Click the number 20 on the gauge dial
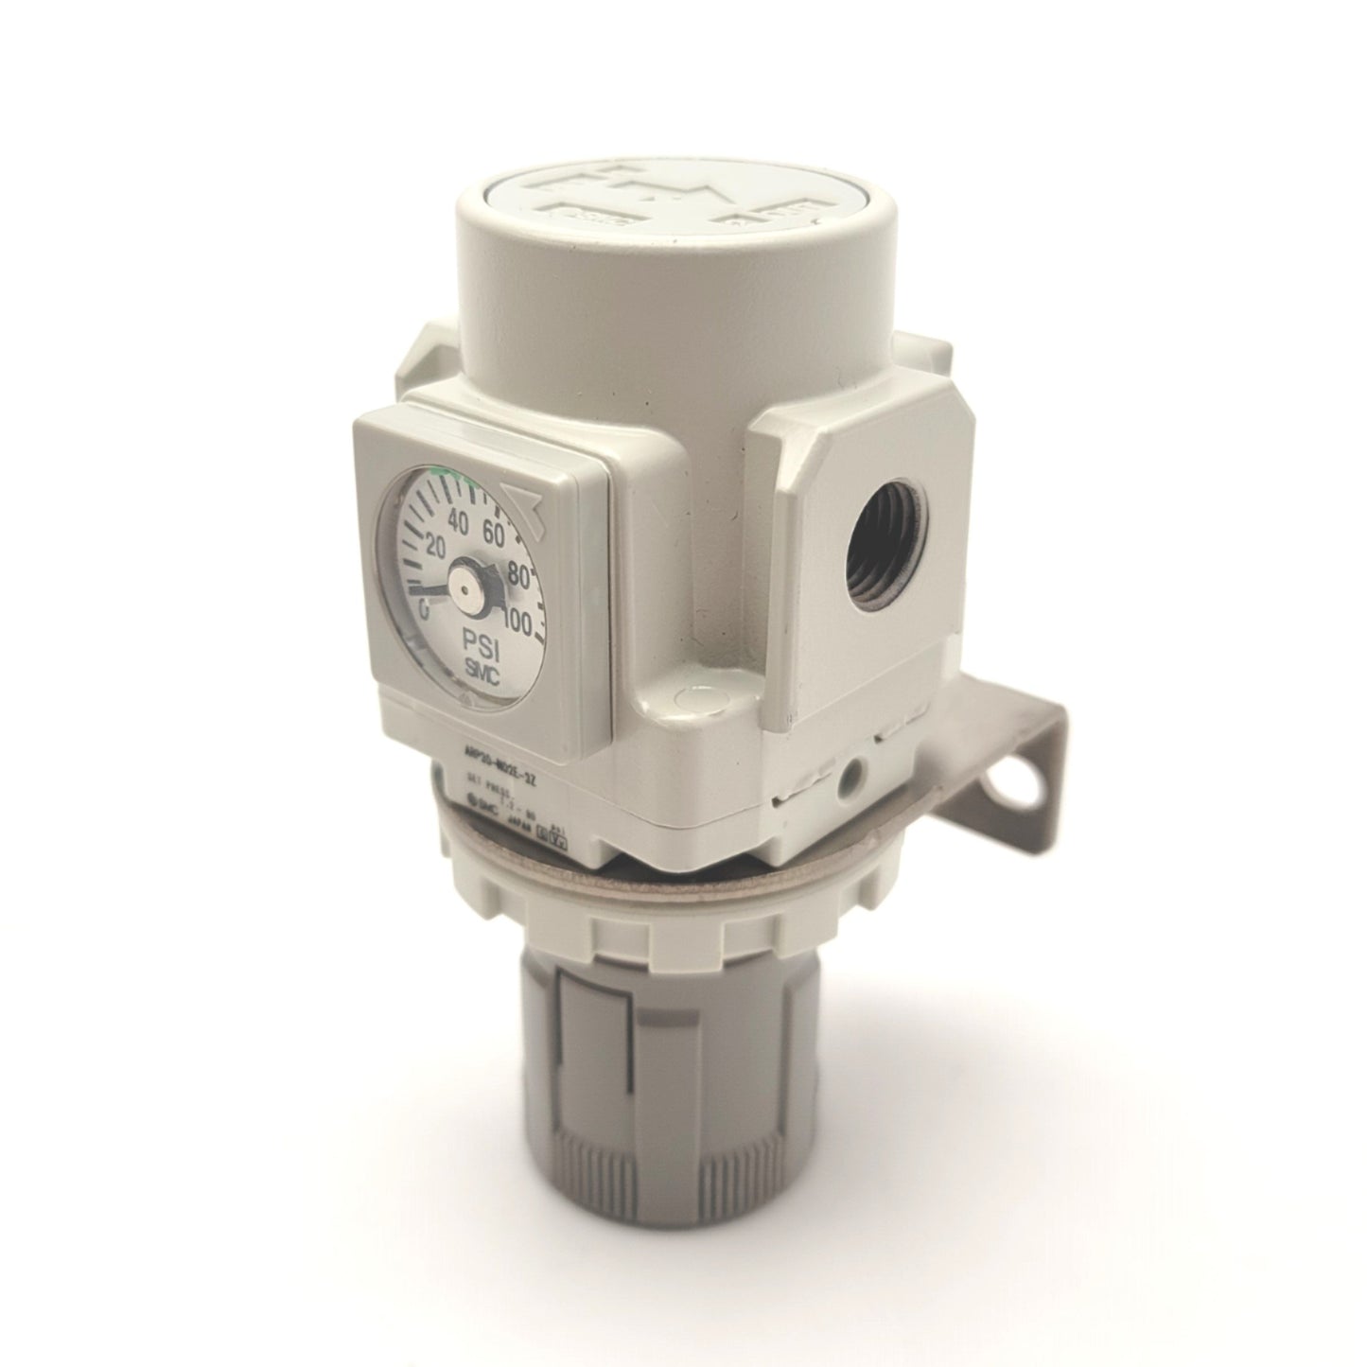coord(436,547)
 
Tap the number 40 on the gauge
coord(460,520)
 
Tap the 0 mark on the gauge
coord(425,611)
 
